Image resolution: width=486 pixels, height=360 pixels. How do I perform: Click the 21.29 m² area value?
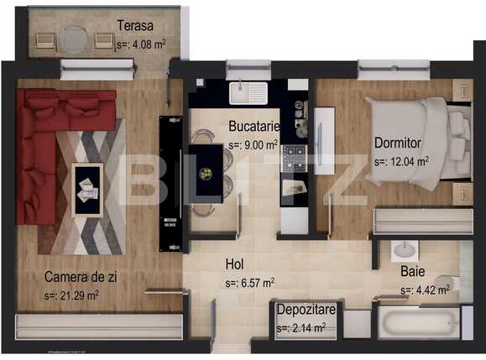[72, 295]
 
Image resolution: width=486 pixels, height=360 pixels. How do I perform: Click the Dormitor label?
[398, 143]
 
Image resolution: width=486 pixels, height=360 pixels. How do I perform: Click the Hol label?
[235, 264]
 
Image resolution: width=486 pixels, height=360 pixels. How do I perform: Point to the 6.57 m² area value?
[249, 283]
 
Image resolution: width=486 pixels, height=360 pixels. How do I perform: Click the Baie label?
[412, 272]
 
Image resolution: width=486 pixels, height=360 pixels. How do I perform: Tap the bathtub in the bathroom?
[419, 323]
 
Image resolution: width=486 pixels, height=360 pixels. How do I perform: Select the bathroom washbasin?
[405, 250]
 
